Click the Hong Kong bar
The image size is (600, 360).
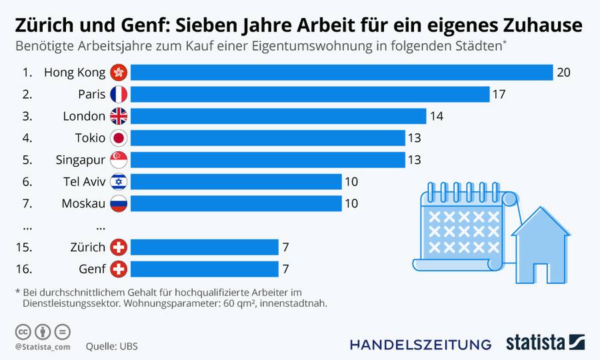click(341, 73)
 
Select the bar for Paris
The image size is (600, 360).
click(310, 94)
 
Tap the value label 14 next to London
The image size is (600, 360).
click(437, 116)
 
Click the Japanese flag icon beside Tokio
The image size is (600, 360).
click(119, 138)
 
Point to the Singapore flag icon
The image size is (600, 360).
click(119, 160)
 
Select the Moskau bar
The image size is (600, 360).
click(236, 203)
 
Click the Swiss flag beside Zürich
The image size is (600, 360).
click(119, 247)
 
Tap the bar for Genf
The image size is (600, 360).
click(204, 269)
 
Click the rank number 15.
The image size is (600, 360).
click(24, 247)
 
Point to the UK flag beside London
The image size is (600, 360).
click(119, 116)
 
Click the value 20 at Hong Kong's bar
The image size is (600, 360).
click(564, 73)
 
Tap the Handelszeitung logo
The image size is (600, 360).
click(421, 344)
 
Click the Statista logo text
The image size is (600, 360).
click(535, 343)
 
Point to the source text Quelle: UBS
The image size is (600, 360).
click(111, 347)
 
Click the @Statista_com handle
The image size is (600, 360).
click(43, 347)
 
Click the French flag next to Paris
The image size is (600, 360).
click(119, 94)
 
